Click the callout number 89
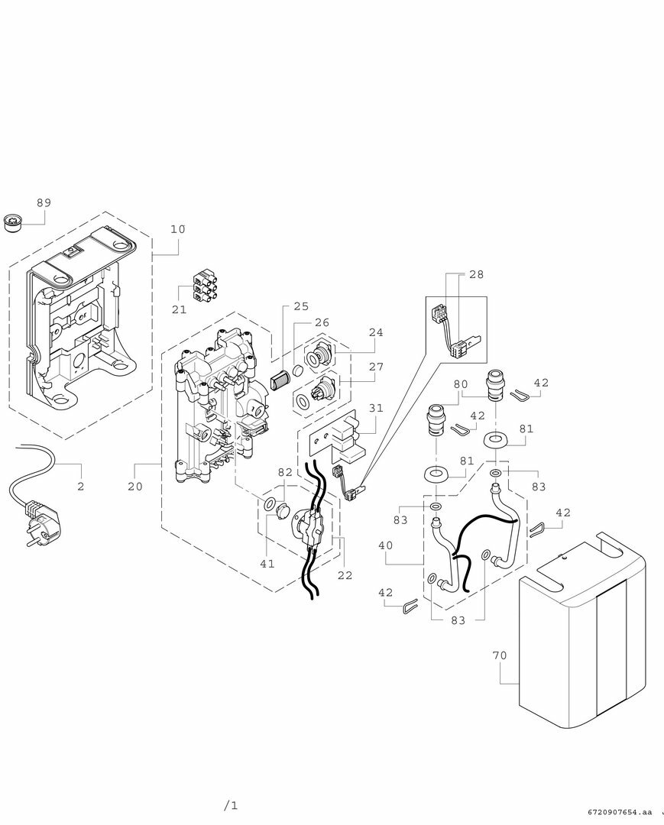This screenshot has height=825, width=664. pyautogui.click(x=44, y=202)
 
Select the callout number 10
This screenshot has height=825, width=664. pyautogui.click(x=178, y=229)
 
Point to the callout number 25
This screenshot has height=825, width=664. pyautogui.click(x=301, y=306)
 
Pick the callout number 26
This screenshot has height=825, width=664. pyautogui.click(x=322, y=322)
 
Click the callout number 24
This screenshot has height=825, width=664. pyautogui.click(x=376, y=333)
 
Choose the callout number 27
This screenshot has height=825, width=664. pyautogui.click(x=376, y=367)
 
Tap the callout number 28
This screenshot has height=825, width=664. pyautogui.click(x=476, y=273)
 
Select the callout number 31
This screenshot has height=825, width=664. pyautogui.click(x=376, y=408)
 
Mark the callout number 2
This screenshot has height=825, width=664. pyautogui.click(x=80, y=486)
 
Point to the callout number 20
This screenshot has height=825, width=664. pyautogui.click(x=135, y=487)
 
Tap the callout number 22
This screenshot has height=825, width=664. pyautogui.click(x=345, y=574)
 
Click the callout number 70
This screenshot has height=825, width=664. pyautogui.click(x=499, y=655)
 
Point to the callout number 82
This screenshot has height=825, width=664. pyautogui.click(x=284, y=473)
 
